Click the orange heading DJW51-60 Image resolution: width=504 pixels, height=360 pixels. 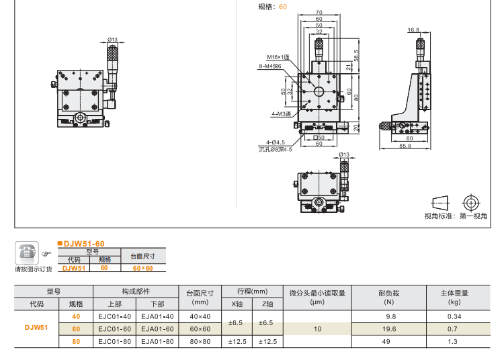[83, 243]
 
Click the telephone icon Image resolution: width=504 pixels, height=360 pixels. [26, 253]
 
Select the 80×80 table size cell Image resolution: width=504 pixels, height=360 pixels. [200, 341]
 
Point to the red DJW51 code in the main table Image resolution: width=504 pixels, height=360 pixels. [36, 328]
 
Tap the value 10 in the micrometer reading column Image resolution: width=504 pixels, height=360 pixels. [317, 328]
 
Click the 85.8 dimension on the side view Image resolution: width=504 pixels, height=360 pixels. [405, 145]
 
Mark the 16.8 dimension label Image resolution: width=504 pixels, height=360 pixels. [413, 30]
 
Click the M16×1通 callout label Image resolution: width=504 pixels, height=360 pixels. [278, 57]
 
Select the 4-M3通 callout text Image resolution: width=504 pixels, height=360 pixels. [281, 114]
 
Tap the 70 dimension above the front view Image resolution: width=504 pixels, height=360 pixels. [318, 12]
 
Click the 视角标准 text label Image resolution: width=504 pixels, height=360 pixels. [439, 216]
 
